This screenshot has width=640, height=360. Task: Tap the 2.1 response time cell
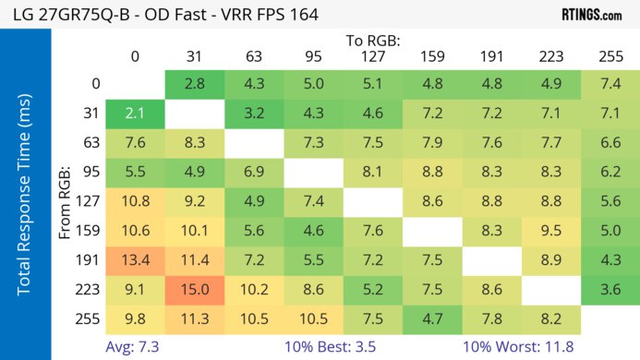pos(135,113)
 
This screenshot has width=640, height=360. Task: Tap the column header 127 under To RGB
pos(372,56)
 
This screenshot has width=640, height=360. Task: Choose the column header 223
pos(550,56)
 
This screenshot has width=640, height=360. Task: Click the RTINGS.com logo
pos(591,14)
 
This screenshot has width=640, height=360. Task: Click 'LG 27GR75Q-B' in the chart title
pos(66,14)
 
